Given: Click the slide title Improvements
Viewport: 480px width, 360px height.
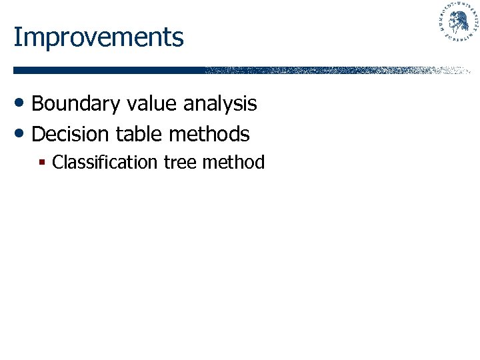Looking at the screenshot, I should point(98,37).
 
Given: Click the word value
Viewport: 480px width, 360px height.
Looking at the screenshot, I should point(145,104).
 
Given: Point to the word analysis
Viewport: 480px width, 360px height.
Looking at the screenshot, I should point(220,104).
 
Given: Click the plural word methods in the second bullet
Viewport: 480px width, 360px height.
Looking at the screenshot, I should point(209,134).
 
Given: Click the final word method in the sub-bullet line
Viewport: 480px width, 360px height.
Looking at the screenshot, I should point(235,163).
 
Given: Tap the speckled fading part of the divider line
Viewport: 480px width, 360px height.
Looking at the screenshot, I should point(333,70).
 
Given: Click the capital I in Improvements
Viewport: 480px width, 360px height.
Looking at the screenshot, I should point(17,37).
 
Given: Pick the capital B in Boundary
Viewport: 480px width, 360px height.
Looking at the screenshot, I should point(38,104).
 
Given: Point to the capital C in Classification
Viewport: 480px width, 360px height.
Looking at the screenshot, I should point(57,163).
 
